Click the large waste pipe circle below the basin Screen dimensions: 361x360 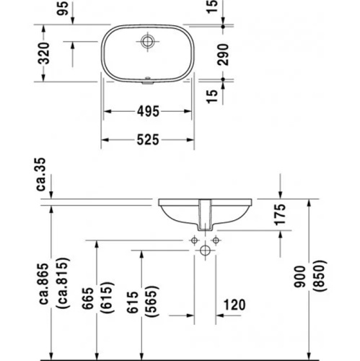point(205,251)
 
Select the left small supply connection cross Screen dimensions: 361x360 point(194,239)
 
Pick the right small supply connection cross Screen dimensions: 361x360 point(216,239)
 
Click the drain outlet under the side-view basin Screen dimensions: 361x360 point(205,216)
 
